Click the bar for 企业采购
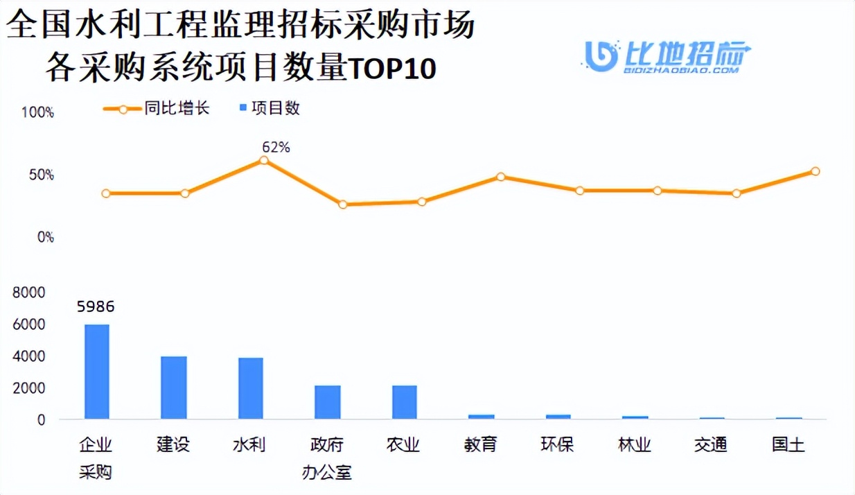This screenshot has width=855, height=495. (97, 372)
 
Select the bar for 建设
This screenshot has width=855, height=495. (174, 388)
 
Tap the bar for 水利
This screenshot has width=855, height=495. (251, 388)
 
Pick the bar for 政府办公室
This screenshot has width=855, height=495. (328, 402)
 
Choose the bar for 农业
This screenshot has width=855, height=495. (405, 402)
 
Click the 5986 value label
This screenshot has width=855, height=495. (96, 306)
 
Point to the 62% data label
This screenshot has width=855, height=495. (276, 147)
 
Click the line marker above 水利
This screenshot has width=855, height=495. (264, 160)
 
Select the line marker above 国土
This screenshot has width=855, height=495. (816, 171)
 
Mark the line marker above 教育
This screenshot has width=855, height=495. (500, 177)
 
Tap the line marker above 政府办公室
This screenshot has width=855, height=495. (342, 205)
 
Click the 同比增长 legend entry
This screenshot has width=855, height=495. (157, 109)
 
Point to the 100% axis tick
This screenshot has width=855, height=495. (37, 112)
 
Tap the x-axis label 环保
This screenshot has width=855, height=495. (558, 444)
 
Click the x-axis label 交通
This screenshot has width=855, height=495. (711, 444)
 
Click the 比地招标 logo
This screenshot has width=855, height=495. (668, 55)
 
